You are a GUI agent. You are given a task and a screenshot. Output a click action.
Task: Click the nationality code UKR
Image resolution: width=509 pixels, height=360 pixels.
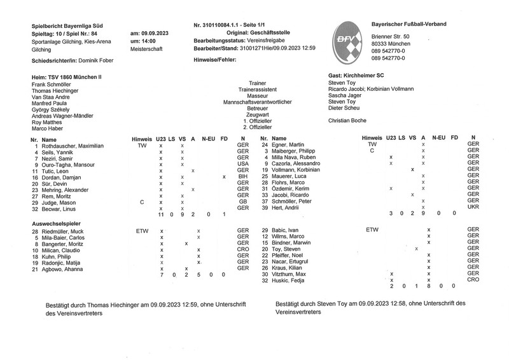pyautogui.click(x=473, y=207)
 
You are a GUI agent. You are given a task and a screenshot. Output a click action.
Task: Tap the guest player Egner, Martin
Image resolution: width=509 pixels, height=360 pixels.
pyautogui.click(x=290, y=146)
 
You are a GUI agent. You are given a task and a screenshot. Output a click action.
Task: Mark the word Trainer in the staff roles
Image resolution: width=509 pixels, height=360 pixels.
pyautogui.click(x=258, y=83)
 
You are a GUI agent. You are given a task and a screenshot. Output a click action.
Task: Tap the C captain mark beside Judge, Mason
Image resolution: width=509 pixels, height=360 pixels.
pyautogui.click(x=142, y=201)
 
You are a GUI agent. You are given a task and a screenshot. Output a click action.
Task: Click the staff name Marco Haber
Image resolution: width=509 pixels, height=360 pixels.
pyautogui.click(x=48, y=128)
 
